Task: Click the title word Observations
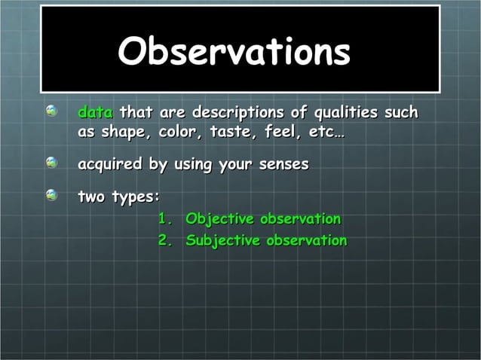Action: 234,52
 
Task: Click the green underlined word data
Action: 95,113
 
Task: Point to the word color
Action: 174,133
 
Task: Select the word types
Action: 136,197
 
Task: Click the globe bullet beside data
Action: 51,111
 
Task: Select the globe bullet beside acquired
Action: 51,162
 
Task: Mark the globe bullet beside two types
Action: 51,195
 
